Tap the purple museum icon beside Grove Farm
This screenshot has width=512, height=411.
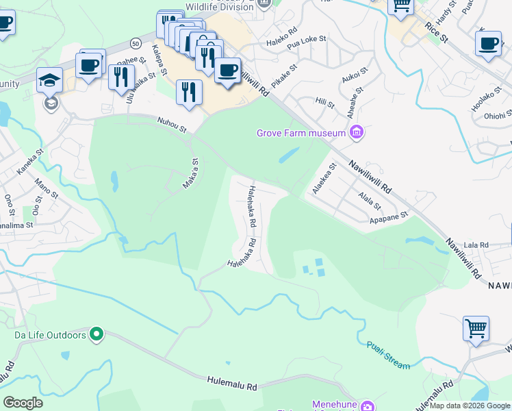[x=356, y=132]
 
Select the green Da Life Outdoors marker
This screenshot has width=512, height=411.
[x=97, y=335]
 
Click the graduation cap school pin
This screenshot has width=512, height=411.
[x=50, y=82]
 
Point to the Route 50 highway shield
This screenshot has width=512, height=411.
[x=136, y=43]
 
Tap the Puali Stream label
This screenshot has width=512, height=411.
[x=388, y=355]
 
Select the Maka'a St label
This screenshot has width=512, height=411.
[x=191, y=175]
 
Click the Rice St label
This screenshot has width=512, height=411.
[x=435, y=32]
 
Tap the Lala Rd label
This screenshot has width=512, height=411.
[x=475, y=245]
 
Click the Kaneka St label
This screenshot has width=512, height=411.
[x=30, y=162]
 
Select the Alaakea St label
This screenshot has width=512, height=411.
[x=323, y=178]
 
